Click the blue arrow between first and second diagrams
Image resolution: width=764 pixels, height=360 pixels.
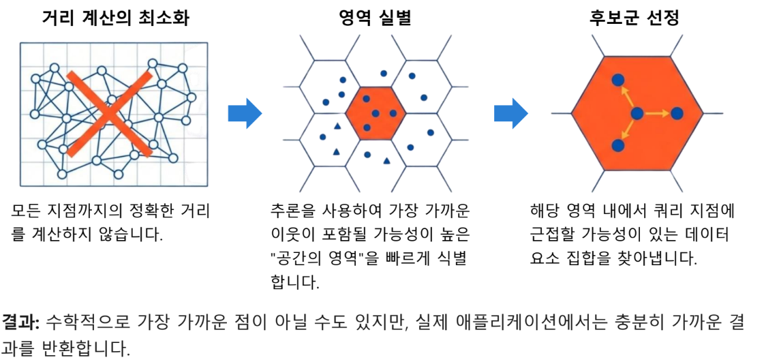point(244,113)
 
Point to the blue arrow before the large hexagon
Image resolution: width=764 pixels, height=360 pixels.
point(510,113)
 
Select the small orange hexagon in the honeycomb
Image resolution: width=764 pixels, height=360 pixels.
point(376,112)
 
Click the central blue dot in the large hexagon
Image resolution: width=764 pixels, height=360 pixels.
point(637,113)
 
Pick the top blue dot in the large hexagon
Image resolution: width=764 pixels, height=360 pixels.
point(617,80)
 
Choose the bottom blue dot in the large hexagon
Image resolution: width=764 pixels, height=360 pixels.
point(617,145)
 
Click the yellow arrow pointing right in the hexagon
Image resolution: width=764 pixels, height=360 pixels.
point(657,113)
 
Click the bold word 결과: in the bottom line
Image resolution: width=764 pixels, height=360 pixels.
point(21,322)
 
